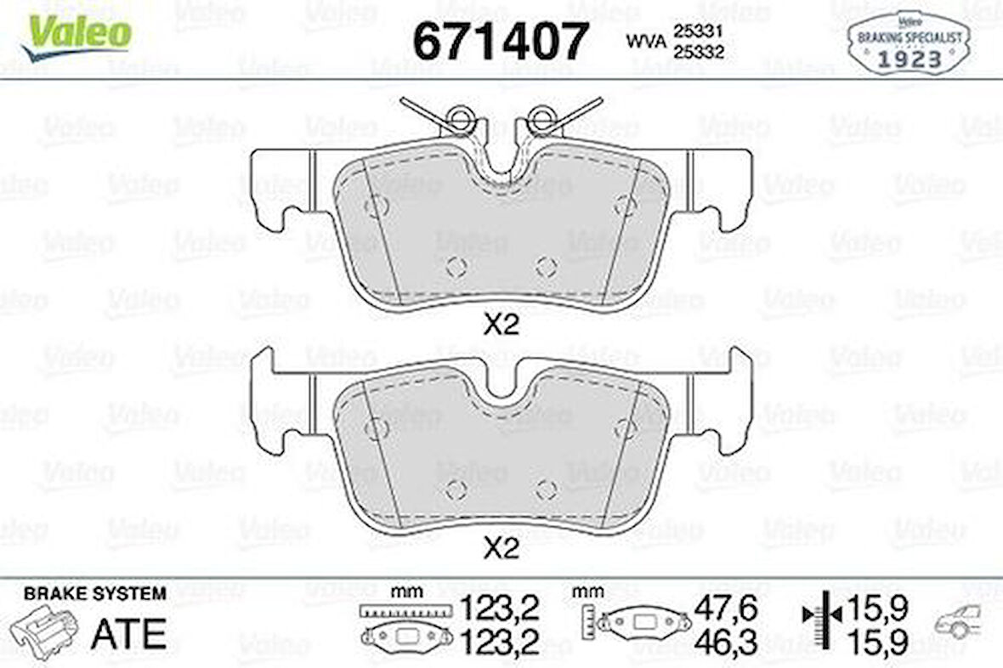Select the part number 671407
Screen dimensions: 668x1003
tap(500, 40)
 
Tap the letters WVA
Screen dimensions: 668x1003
tap(645, 40)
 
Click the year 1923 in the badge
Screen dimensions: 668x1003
tap(909, 59)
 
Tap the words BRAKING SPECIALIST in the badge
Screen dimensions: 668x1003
tap(909, 38)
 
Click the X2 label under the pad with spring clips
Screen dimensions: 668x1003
tap(501, 325)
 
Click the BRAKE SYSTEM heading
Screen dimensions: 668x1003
tap(95, 594)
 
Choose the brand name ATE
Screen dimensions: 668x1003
tap(127, 632)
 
